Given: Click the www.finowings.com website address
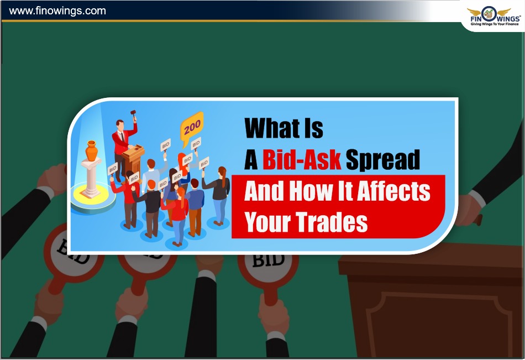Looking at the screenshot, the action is click(57, 11).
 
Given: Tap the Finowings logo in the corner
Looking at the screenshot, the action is click(494, 16).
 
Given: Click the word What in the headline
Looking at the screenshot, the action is click(272, 128).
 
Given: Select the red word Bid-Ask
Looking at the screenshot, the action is click(302, 159).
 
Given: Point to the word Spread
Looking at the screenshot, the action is click(383, 160).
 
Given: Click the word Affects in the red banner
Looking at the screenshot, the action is click(393, 191).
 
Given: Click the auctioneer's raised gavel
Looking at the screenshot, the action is click(134, 114).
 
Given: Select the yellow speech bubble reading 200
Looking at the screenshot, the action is click(192, 128).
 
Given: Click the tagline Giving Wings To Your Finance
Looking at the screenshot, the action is click(495, 24).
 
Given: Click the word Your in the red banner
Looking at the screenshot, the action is click(267, 222).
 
